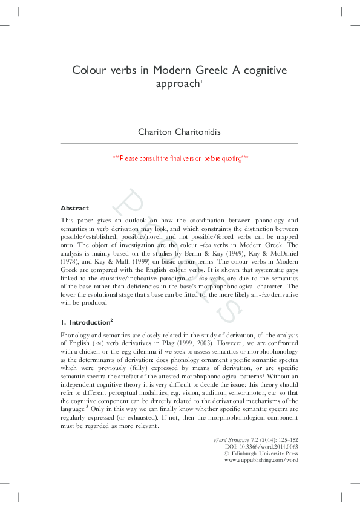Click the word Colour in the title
pos(89,70)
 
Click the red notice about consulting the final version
pos(180,158)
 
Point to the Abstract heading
pos(75,208)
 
